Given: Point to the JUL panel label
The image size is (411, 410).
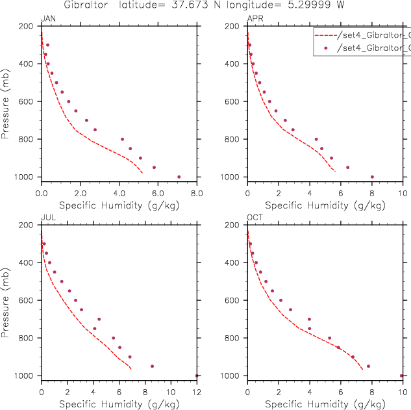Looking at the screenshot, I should click(x=47, y=218).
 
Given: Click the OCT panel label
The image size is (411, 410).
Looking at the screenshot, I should click(x=254, y=218).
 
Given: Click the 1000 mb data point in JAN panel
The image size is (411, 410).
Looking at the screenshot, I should click(x=179, y=177).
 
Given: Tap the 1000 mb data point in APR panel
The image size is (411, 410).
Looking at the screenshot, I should click(x=372, y=177).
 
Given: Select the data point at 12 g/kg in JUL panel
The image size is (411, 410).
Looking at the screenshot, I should click(x=197, y=376).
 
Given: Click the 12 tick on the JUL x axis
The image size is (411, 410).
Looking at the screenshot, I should click(x=197, y=392).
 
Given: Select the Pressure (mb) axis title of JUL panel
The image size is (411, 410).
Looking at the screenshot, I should click(x=6, y=300).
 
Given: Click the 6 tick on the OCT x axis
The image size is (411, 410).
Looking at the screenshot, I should click(x=340, y=392).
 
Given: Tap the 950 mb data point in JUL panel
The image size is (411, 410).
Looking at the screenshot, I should click(x=152, y=366).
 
